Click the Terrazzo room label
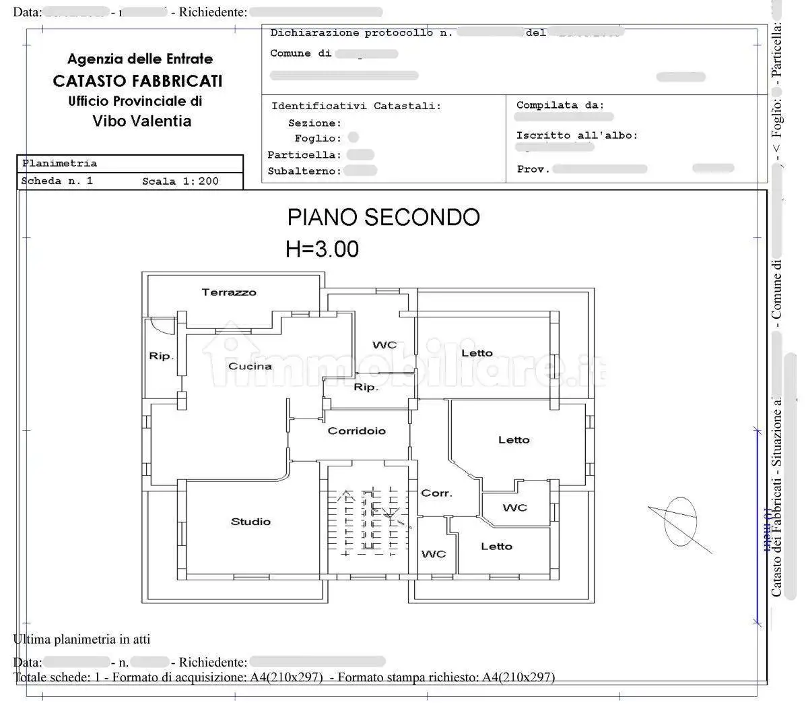229,293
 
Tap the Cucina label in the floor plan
250,367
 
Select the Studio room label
250,522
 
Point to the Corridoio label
356,431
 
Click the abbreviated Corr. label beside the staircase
436,493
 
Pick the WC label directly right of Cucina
384,345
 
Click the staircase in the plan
368,522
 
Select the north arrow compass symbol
680,522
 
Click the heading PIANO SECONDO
383,218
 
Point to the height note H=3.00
322,249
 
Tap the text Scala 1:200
180,181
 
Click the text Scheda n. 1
57,181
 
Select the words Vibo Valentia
141,121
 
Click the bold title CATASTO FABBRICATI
137,82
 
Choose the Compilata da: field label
560,105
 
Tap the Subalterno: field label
304,171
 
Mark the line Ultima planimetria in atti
81,639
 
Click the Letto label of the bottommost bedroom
496,547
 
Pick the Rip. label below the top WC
366,388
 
